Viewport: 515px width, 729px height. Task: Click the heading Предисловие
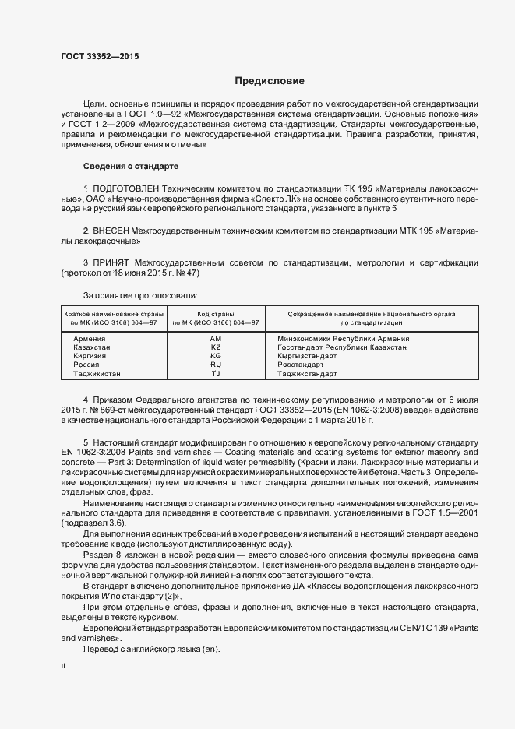(x=270, y=81)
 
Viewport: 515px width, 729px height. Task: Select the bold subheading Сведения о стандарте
(x=130, y=167)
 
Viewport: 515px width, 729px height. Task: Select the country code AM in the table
(x=216, y=339)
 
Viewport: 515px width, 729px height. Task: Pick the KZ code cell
(x=216, y=347)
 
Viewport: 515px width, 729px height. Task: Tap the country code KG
(x=216, y=356)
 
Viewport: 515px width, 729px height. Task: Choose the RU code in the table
(x=216, y=364)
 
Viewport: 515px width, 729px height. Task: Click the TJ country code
(x=216, y=374)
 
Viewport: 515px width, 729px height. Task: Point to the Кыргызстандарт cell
(x=307, y=356)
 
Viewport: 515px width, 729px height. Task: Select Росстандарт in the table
(x=300, y=364)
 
